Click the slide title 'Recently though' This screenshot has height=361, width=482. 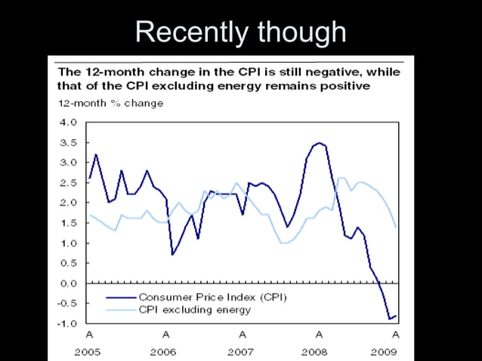pyautogui.click(x=240, y=32)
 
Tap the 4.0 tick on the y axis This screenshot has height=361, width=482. pyautogui.click(x=67, y=122)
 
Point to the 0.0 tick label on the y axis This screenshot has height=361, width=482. pyautogui.click(x=67, y=283)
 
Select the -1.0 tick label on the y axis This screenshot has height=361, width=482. pyautogui.click(x=66, y=323)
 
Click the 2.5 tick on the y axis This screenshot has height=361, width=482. pyautogui.click(x=67, y=182)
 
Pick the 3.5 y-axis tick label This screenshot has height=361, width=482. pyautogui.click(x=67, y=142)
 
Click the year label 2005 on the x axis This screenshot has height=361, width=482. pyautogui.click(x=89, y=352)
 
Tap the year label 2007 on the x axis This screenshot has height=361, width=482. pyautogui.click(x=243, y=352)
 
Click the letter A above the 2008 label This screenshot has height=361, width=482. pyautogui.click(x=319, y=334)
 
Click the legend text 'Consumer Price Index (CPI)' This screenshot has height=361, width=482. pyautogui.click(x=212, y=297)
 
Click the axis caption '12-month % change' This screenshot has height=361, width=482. pyautogui.click(x=110, y=103)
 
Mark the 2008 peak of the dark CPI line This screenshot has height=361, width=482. pyautogui.click(x=319, y=143)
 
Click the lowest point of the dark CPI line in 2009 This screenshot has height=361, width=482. pyautogui.click(x=390, y=319)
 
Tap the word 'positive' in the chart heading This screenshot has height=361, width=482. pyautogui.click(x=343, y=86)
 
